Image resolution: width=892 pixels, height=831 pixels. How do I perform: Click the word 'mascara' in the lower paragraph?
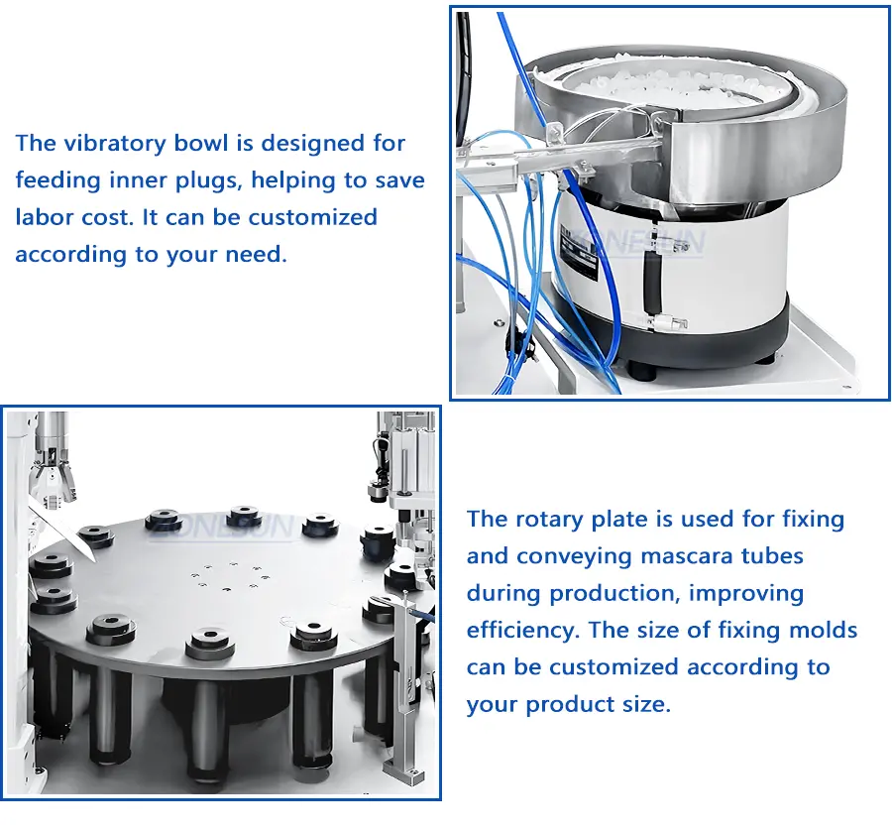pos(676,556)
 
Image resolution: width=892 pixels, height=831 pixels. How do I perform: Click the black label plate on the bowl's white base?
pos(579,252)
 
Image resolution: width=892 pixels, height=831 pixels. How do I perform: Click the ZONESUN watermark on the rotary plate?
pos(223,527)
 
